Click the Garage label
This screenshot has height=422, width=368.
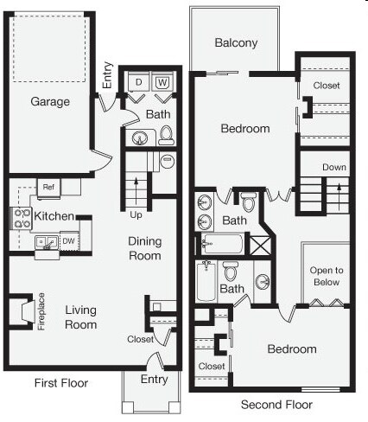click(51, 101)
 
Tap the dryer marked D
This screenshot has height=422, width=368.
click(140, 83)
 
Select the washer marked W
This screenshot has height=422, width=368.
click(162, 83)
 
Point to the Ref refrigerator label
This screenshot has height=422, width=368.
click(48, 185)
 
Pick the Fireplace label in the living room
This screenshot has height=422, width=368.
click(41, 312)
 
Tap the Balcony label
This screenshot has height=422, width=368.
click(236, 43)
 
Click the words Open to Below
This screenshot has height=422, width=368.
click(326, 277)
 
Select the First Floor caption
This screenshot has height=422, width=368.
click(60, 383)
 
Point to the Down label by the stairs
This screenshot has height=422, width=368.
click(334, 167)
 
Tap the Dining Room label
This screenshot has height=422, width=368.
click(145, 248)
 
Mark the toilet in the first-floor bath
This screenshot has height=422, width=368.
click(167, 134)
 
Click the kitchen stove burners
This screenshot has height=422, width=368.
click(16, 218)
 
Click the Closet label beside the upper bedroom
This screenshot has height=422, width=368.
click(327, 86)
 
